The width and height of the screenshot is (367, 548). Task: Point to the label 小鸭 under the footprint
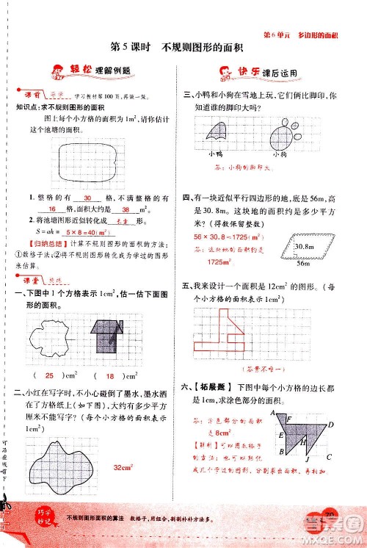(x=215, y=153)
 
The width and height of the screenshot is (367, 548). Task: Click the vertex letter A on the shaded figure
(x=270, y=413)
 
